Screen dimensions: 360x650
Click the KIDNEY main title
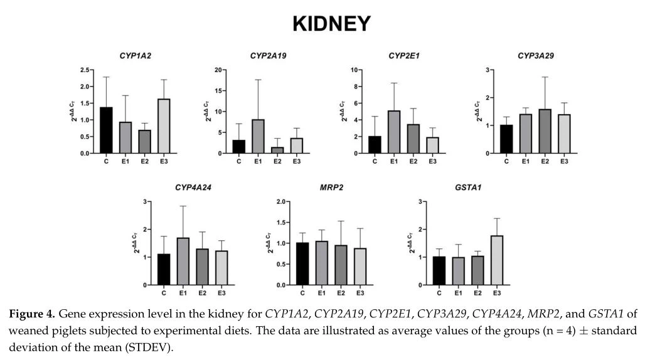click(x=331, y=24)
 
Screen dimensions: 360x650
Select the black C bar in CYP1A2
click(x=106, y=130)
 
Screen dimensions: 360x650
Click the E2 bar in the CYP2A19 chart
click(x=277, y=151)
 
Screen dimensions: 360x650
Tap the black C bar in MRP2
click(x=302, y=264)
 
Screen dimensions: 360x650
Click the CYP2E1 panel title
click(x=403, y=56)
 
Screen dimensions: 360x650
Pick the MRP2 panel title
click(x=331, y=188)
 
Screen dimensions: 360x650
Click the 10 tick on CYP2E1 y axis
click(x=354, y=70)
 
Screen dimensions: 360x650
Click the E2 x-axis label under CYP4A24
click(x=202, y=294)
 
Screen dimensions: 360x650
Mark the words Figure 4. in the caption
click(x=32, y=313)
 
